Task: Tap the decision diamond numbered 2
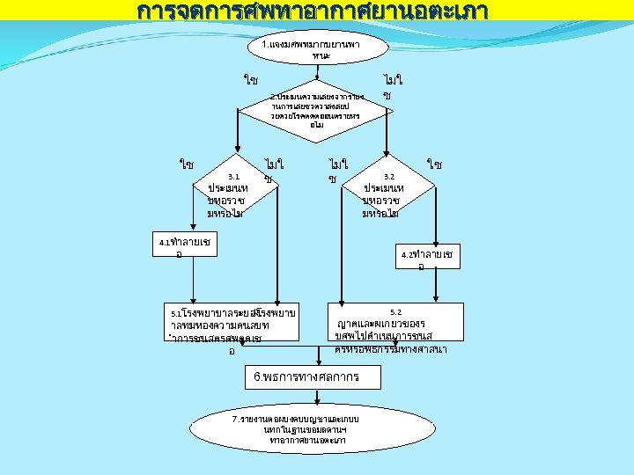(x=315, y=111)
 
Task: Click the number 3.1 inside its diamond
(x=233, y=177)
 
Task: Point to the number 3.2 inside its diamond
(x=389, y=177)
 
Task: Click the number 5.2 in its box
(x=395, y=312)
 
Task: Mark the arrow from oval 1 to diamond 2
(x=315, y=75)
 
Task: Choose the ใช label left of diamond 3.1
(x=187, y=164)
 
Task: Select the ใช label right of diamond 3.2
(x=434, y=164)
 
